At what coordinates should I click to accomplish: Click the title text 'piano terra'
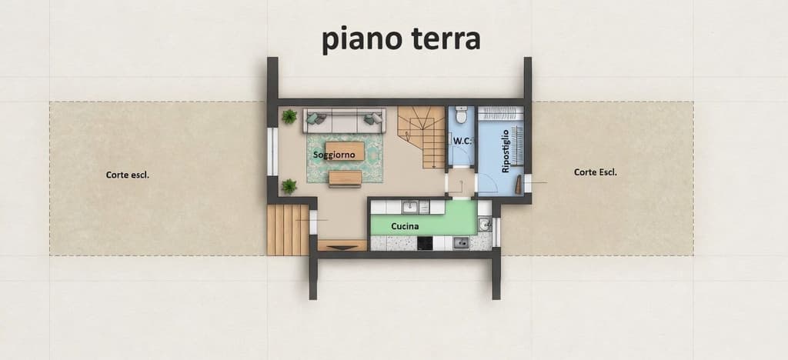pos(401,40)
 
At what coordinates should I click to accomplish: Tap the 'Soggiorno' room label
pos(334,155)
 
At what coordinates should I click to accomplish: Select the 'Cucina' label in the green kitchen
pos(405,226)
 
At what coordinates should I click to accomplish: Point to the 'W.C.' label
pos(462,141)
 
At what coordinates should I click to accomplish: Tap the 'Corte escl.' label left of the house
pos(128,175)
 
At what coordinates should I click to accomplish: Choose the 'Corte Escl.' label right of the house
pos(596,172)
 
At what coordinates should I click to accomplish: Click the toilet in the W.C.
pos(462,114)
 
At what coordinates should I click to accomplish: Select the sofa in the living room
pos(344,121)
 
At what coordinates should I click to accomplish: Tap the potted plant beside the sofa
pos(289,117)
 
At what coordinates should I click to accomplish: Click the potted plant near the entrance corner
pos(289,186)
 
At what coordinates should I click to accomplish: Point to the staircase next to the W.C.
pos(422,137)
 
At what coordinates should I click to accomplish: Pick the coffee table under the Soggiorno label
pos(344,151)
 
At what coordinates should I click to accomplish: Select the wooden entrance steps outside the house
pos(288,230)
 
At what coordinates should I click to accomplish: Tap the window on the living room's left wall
pos(272,152)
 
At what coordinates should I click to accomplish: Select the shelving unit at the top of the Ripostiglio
pos(500,114)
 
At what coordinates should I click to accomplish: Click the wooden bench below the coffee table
pos(346,178)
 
